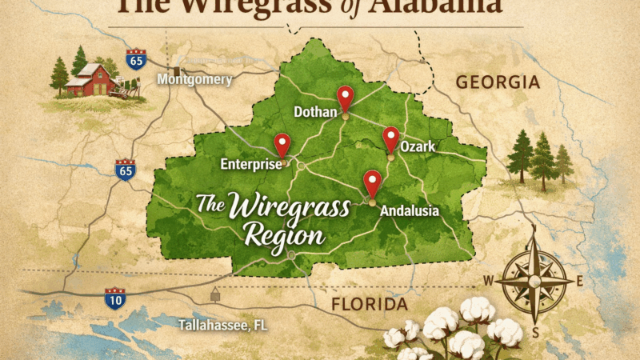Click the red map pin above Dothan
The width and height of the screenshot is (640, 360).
345,97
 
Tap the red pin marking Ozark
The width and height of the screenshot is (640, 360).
390,138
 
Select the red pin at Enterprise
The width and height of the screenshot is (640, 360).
282,144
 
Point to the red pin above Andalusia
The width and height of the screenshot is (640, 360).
372,182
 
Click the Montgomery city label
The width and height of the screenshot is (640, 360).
194,79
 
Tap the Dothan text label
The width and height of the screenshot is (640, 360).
315,111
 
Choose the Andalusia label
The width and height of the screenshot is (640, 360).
410,211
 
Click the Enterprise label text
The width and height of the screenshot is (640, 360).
250,165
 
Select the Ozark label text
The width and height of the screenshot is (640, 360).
418,149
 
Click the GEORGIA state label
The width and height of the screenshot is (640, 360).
498,82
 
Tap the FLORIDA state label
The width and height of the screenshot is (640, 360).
370,304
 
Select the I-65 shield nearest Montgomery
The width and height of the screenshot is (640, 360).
136,59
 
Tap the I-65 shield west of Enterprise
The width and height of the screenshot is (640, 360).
125,169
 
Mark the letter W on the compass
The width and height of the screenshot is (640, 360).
488,281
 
